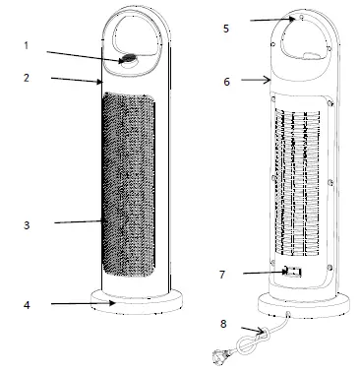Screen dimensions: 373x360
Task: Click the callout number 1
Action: click(28, 44)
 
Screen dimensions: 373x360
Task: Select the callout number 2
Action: click(28, 76)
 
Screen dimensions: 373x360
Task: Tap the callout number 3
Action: click(28, 225)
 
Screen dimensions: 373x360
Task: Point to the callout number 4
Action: click(28, 304)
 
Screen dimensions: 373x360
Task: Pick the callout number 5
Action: click(226, 30)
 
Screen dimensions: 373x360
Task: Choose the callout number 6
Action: click(226, 82)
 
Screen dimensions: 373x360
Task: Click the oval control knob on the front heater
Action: click(129, 59)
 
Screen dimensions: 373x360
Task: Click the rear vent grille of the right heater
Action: click(299, 182)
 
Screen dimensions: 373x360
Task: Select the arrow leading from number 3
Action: click(79, 223)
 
